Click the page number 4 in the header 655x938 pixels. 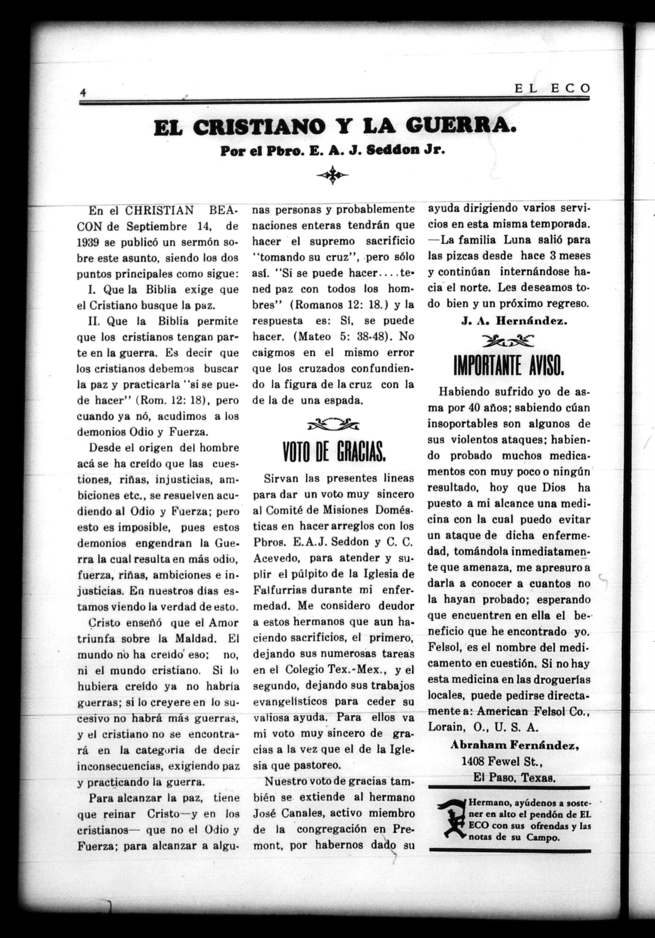tap(82, 92)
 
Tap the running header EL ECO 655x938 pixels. tap(552, 88)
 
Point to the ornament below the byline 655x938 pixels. tap(332, 175)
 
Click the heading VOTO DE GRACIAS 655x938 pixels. tap(333, 453)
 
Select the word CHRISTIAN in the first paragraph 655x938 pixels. tap(159, 210)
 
